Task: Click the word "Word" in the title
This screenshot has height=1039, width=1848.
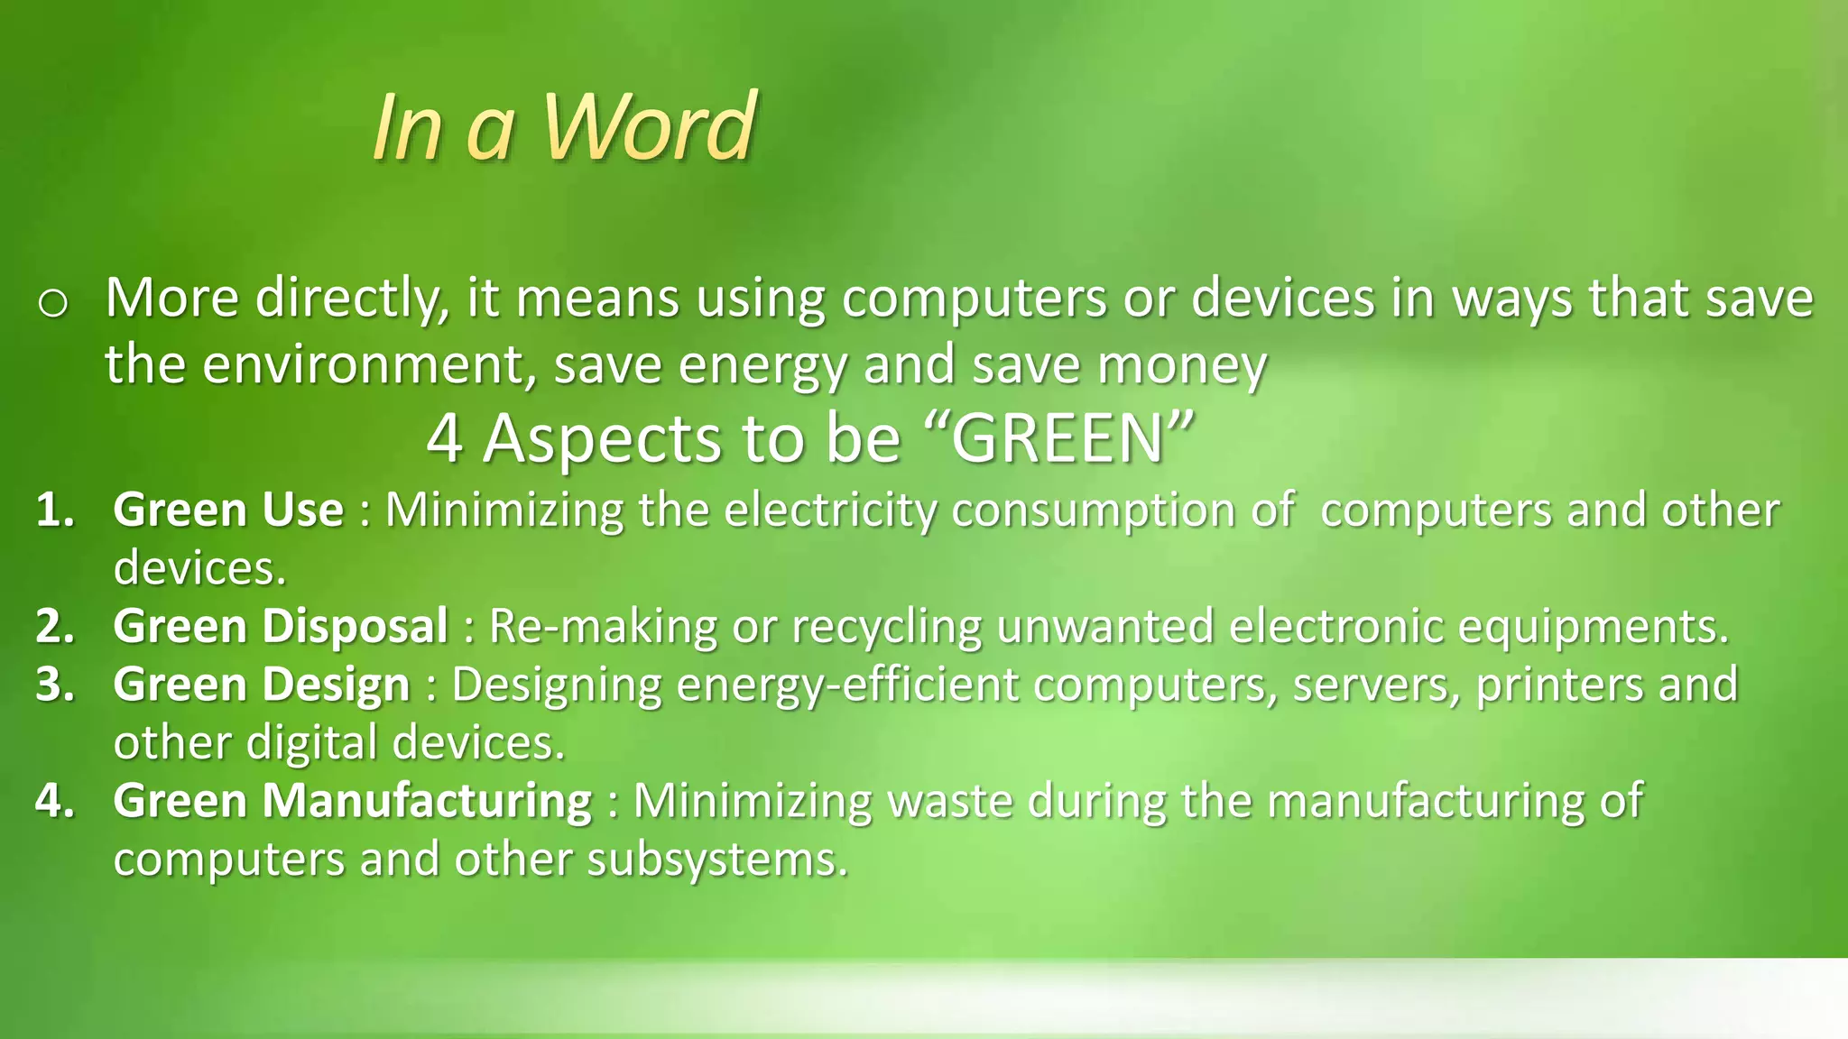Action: (x=648, y=127)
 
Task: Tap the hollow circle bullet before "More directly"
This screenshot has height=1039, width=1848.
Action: (x=53, y=305)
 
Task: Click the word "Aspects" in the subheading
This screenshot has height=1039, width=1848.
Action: (x=603, y=439)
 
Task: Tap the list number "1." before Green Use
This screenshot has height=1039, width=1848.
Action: (x=56, y=510)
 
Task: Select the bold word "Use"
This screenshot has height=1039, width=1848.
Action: (x=302, y=510)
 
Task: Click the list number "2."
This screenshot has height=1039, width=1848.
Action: (x=56, y=626)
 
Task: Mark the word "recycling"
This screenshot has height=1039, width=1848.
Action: (x=886, y=626)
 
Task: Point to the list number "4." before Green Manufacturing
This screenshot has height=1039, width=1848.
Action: (x=56, y=801)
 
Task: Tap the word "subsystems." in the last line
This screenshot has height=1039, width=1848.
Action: (x=718, y=860)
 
